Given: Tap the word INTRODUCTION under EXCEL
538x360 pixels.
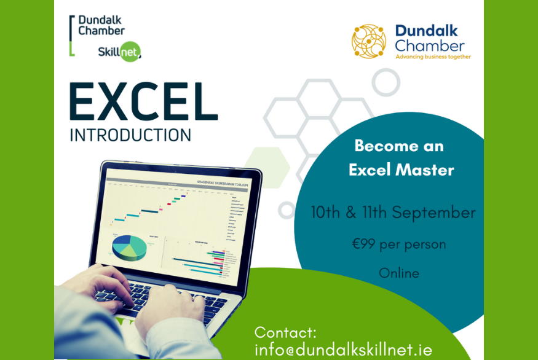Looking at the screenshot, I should [x=130, y=135].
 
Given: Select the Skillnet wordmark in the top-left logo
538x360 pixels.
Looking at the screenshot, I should [x=119, y=52].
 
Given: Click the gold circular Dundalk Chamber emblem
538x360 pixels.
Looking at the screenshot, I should [x=369, y=41].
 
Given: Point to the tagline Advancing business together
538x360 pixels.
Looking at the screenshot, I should [x=433, y=57].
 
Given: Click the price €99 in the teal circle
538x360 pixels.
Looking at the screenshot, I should [x=364, y=245].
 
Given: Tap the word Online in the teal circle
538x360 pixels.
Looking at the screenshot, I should [x=399, y=273].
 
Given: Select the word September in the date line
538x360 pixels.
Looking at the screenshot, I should [x=434, y=213].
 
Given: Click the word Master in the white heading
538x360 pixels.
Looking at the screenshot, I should [x=427, y=170].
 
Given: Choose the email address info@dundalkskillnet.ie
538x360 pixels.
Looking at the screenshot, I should [x=343, y=350].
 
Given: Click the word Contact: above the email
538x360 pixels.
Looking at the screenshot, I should [x=285, y=333].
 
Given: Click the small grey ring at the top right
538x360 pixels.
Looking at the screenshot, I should [x=386, y=82].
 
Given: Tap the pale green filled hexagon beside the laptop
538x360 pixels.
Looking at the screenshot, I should [x=267, y=163].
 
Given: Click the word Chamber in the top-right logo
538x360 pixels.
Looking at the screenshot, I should [x=430, y=45].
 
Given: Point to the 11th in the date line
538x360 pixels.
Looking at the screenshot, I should [x=371, y=213].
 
